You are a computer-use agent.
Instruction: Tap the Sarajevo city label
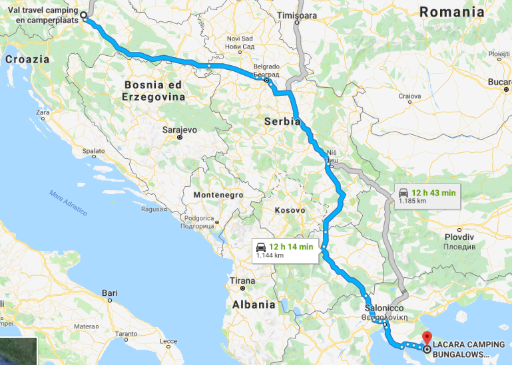180,130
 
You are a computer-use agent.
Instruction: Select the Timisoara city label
297,15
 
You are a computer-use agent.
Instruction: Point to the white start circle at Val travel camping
84,14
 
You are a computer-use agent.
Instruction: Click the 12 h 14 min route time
291,247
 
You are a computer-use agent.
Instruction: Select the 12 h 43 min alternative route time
433,193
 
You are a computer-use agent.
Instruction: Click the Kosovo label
290,210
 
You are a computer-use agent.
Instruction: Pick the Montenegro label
218,195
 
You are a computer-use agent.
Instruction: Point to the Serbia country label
282,122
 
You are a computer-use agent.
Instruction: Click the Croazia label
27,59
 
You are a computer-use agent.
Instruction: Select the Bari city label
109,293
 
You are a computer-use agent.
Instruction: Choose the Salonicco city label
384,308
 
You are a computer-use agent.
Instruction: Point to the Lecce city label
169,342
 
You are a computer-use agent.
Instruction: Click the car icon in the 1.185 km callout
403,193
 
